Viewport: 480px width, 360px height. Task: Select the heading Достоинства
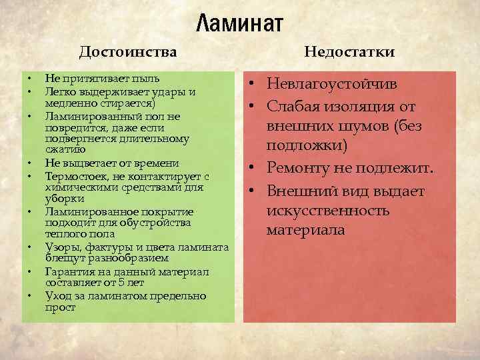point(128,51)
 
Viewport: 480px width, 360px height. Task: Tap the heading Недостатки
point(349,51)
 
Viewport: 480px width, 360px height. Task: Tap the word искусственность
point(327,211)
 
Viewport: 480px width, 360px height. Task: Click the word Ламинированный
point(86,117)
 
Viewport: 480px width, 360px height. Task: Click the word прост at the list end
point(60,308)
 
